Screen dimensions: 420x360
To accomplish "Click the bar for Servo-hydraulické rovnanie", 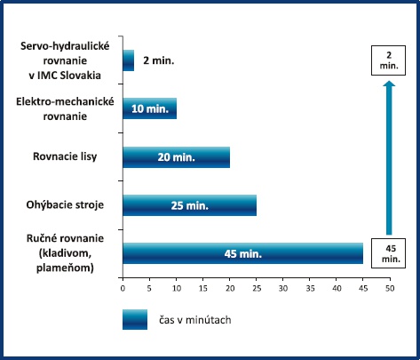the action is pyautogui.click(x=129, y=60).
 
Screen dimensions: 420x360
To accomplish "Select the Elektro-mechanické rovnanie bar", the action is pyautogui.click(x=150, y=108).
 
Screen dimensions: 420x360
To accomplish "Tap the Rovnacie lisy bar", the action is pyautogui.click(x=177, y=157).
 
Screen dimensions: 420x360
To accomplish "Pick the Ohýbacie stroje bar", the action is pyautogui.click(x=190, y=205).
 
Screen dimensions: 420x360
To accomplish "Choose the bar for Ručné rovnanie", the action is pyautogui.click(x=243, y=253).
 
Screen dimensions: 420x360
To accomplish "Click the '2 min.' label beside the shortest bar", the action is pyautogui.click(x=159, y=60).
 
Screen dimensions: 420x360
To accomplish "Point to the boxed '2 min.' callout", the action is pyautogui.click(x=388, y=60).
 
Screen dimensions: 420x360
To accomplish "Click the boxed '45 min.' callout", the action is pyautogui.click(x=388, y=253).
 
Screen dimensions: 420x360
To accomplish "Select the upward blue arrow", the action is pyautogui.click(x=389, y=158).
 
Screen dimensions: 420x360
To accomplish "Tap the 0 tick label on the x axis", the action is pyautogui.click(x=123, y=288).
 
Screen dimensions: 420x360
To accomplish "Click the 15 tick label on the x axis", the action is pyautogui.click(x=203, y=288).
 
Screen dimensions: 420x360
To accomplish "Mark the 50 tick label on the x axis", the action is pyautogui.click(x=390, y=288).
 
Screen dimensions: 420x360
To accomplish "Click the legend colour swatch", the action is pyautogui.click(x=135, y=320).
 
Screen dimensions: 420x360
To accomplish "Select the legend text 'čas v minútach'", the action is pyautogui.click(x=195, y=320).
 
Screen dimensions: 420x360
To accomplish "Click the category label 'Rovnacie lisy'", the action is pyautogui.click(x=65, y=156).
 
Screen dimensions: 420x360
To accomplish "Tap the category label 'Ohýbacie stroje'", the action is pyautogui.click(x=65, y=204).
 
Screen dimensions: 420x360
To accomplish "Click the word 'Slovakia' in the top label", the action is pyautogui.click(x=81, y=76).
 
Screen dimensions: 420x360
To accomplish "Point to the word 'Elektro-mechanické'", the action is pyautogui.click(x=65, y=101).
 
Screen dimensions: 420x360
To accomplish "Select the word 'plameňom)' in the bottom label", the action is pyautogui.click(x=65, y=268).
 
